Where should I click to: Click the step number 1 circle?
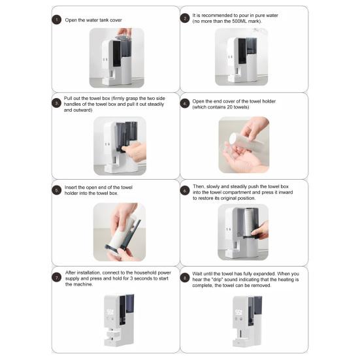[x=56, y=20]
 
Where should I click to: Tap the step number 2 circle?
[x=185, y=18]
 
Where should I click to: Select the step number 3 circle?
[x=56, y=103]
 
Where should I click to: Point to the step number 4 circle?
[x=185, y=103]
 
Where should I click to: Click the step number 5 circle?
[x=56, y=190]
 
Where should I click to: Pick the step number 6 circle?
[x=185, y=191]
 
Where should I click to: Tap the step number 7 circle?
[x=56, y=278]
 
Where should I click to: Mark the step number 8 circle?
[x=185, y=278]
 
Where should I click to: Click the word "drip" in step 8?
[x=217, y=280]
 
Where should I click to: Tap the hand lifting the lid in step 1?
[x=124, y=32]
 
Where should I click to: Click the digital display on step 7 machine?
[x=109, y=312]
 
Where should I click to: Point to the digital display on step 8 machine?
[x=238, y=312]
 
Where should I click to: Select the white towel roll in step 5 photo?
[x=122, y=233]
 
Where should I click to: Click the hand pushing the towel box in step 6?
[x=261, y=230]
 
